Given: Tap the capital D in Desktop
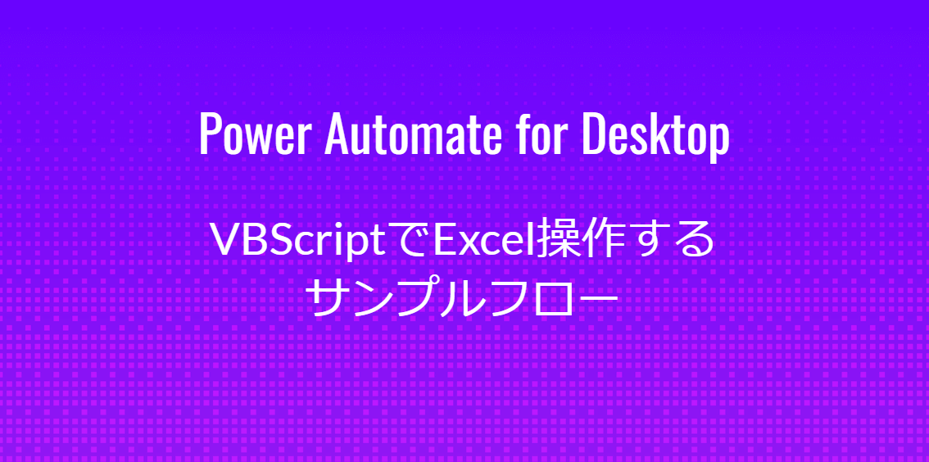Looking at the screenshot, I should (x=594, y=134).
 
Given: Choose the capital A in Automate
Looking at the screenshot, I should (x=337, y=134).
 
